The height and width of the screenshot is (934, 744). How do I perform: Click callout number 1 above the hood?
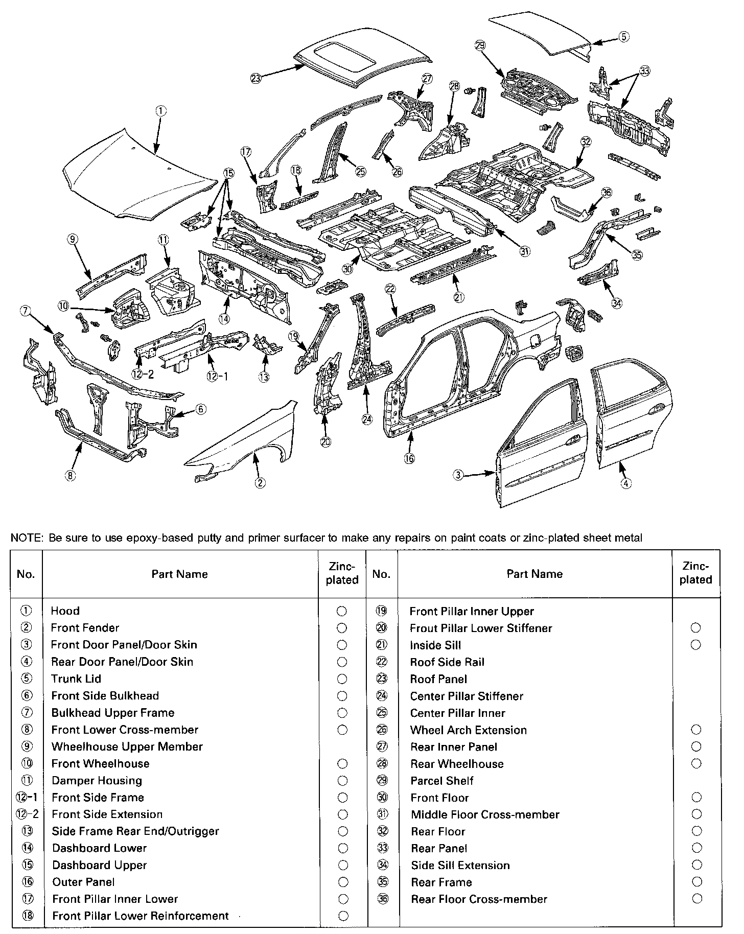click(160, 109)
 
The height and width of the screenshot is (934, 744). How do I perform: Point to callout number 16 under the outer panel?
click(409, 458)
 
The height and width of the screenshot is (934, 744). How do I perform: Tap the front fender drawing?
click(250, 439)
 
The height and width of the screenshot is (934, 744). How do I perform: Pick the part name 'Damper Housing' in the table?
click(97, 780)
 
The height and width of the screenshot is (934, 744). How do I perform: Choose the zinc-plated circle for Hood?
click(342, 611)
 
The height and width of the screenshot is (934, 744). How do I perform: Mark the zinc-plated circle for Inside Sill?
click(695, 645)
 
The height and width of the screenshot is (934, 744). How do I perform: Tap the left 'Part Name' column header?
click(179, 574)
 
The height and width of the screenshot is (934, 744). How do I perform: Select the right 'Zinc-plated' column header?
click(695, 573)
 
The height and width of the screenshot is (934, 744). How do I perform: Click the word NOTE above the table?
click(27, 538)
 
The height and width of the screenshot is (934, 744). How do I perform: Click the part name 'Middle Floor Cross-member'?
click(485, 814)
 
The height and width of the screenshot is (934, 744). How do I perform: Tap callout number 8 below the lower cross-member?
click(70, 476)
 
